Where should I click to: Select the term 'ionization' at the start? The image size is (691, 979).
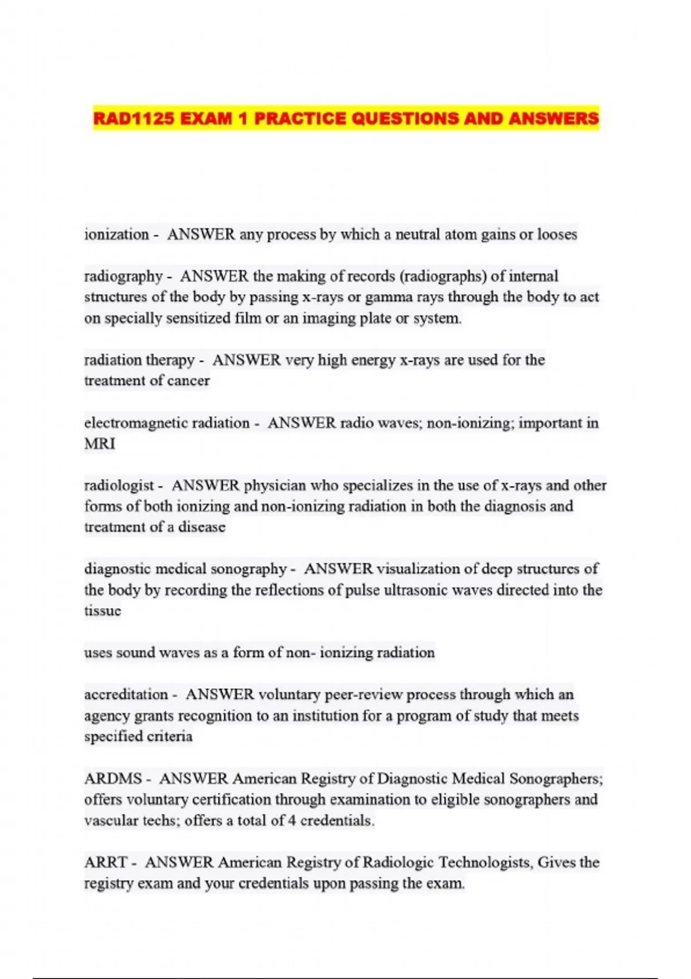tap(117, 234)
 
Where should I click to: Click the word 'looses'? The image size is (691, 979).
tap(557, 234)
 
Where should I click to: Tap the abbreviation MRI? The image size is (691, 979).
tap(100, 444)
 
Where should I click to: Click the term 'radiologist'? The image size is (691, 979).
tap(119, 485)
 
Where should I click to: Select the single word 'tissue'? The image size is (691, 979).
tap(102, 610)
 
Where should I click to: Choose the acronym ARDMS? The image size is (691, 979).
tap(113, 779)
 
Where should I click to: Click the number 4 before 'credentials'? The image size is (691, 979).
tap(292, 821)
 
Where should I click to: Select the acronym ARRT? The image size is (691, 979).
tap(105, 863)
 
